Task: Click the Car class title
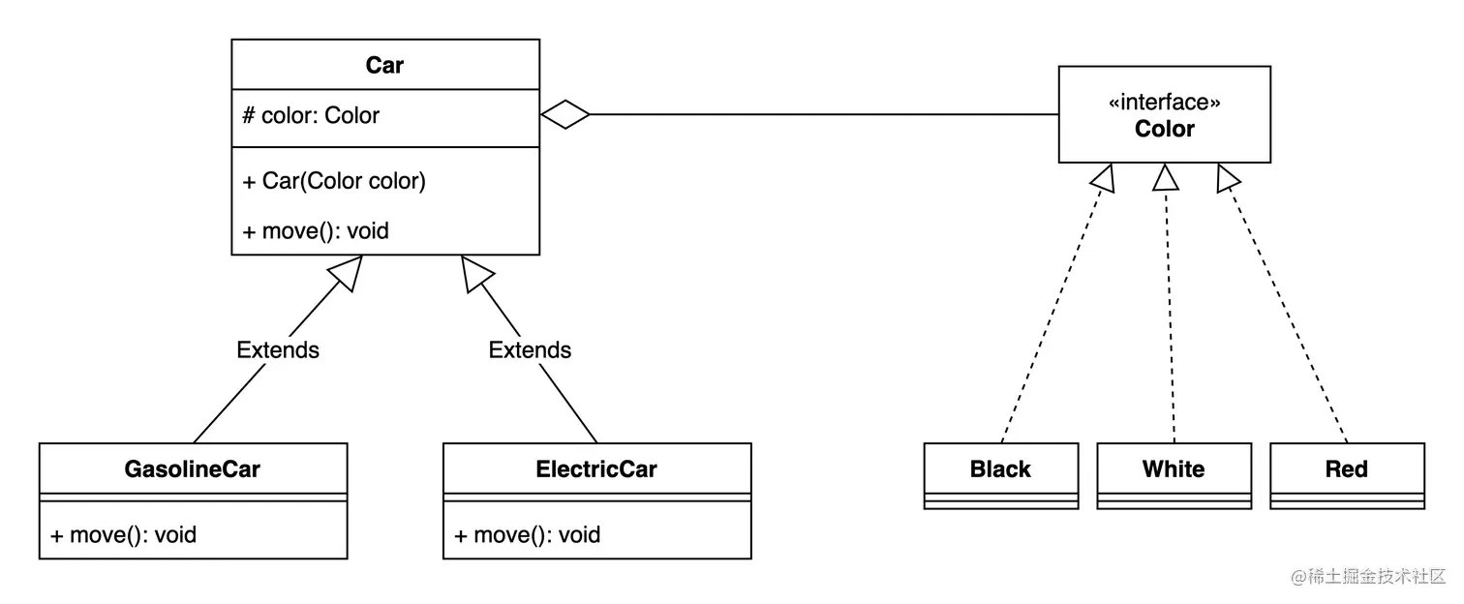point(384,65)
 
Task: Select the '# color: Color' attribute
point(311,115)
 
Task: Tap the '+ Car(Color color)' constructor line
point(334,181)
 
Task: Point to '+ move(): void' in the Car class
point(316,231)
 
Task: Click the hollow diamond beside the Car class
point(564,115)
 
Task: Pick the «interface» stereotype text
point(1164,103)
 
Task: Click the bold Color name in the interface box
point(1164,130)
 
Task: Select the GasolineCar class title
point(192,469)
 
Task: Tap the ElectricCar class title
point(595,469)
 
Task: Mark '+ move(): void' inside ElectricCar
point(527,534)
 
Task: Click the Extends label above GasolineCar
point(278,349)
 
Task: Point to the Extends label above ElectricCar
point(530,349)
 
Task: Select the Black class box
point(1000,474)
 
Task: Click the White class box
point(1174,474)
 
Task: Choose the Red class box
point(1346,474)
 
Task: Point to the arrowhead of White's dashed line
point(1166,176)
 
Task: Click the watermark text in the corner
point(1367,576)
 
